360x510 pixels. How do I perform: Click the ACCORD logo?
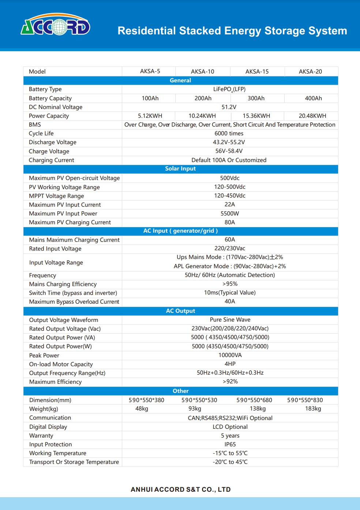[55, 25]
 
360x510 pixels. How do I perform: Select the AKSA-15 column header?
[257, 71]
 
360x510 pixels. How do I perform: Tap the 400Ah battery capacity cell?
[313, 98]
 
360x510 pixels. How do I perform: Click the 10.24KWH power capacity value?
[202, 116]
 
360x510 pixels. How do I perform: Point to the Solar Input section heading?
[180, 169]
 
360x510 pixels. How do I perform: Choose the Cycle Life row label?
[41, 134]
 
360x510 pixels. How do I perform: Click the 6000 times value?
[229, 134]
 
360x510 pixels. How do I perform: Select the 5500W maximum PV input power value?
[230, 213]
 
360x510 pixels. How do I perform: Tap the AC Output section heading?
[180, 311]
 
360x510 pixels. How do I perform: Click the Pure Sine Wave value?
[230, 320]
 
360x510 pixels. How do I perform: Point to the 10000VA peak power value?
[230, 355]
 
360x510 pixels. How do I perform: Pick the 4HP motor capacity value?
[230, 364]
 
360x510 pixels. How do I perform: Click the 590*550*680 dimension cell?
[254, 400]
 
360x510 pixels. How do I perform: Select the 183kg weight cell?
[313, 409]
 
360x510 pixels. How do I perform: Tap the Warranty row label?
[41, 436]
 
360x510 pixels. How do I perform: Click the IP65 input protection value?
[230, 445]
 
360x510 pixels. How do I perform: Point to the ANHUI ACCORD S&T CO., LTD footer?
[181, 490]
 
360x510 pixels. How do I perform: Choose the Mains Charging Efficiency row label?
[63, 284]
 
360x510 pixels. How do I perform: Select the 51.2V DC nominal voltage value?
[229, 107]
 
